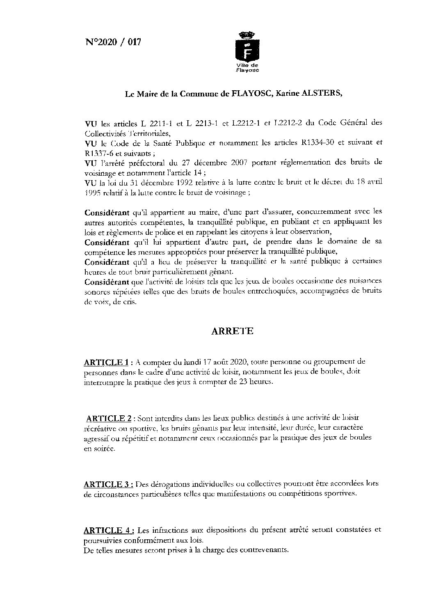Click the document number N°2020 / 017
click(113, 42)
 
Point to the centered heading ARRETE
click(232, 331)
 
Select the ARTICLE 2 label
click(109, 419)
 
